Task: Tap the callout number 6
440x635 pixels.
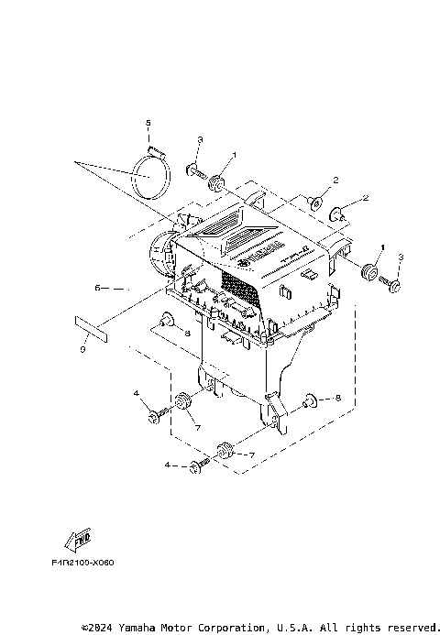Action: [x=98, y=288]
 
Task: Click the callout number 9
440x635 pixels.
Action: [x=82, y=349]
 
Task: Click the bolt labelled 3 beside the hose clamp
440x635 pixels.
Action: [x=195, y=170]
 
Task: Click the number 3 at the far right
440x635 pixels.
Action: [x=400, y=257]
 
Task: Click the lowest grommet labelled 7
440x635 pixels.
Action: [x=223, y=449]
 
